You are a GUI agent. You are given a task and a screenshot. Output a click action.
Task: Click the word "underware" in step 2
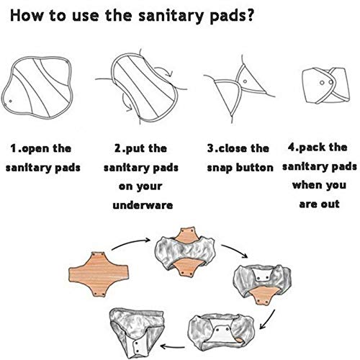(x=140, y=205)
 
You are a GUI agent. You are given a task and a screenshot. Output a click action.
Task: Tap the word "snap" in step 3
(x=224, y=168)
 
